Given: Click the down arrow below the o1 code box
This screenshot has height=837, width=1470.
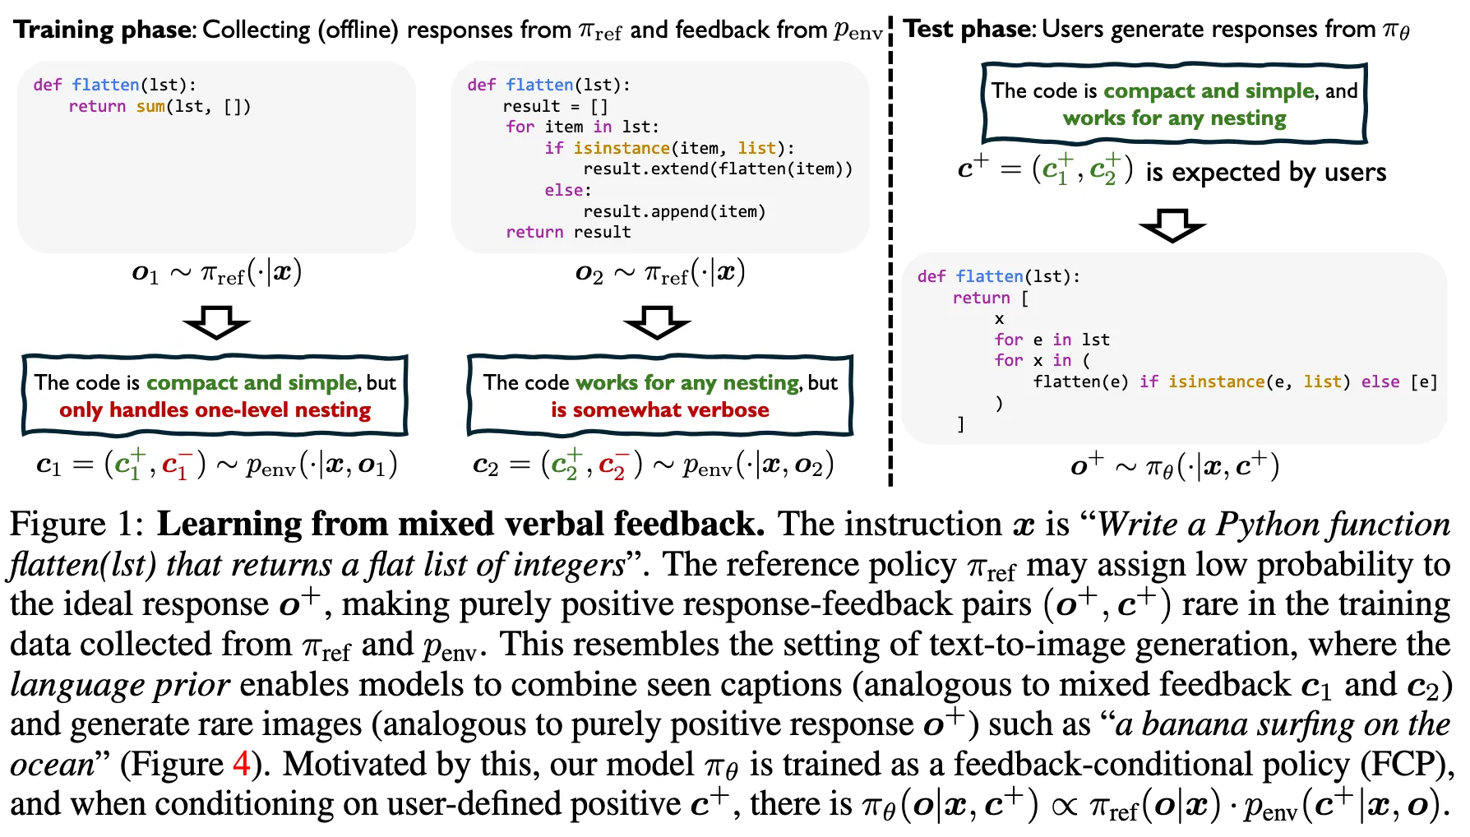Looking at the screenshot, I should click(216, 321).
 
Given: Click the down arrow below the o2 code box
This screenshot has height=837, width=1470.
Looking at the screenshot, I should click(657, 321).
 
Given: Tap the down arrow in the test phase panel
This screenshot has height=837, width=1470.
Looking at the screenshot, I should click(1172, 224).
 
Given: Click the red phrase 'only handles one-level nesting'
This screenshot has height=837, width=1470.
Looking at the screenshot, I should click(215, 409).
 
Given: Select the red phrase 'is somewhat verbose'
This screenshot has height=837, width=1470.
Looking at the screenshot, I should click(660, 409).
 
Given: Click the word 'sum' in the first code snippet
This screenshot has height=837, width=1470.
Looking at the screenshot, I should click(150, 106).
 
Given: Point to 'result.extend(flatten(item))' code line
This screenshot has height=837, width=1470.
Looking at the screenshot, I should click(717, 169).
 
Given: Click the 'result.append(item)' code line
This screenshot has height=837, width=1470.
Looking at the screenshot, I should click(674, 211).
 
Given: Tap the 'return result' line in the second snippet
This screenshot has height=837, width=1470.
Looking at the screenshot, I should click(568, 232).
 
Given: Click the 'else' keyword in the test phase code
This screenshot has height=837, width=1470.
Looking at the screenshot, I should click(1380, 382).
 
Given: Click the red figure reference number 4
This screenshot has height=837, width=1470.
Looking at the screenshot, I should click(241, 764).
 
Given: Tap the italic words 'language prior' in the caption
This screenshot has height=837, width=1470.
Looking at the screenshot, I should click(120, 684).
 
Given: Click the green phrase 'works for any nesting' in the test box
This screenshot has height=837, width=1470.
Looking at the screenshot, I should click(1174, 118).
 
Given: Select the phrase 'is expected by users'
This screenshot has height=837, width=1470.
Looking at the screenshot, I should click(1265, 172).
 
